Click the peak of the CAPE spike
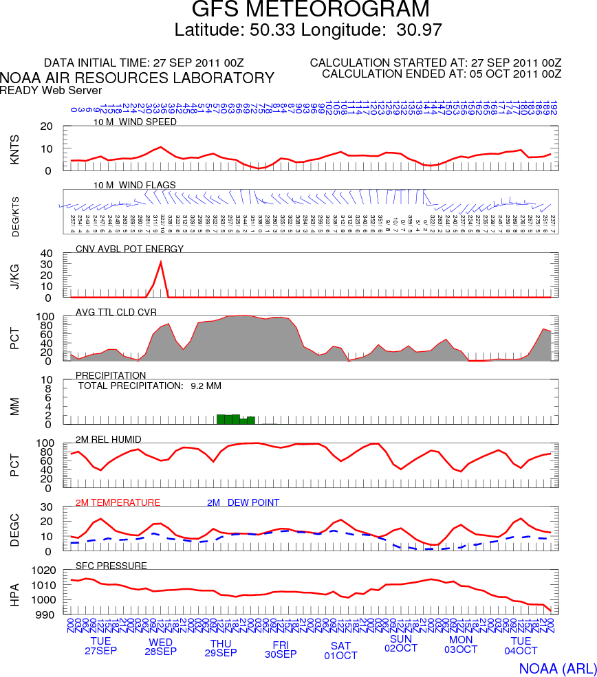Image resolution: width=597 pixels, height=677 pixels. point(161,262)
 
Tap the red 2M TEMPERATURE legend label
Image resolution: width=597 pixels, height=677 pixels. point(118,502)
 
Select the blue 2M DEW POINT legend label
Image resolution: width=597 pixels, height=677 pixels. point(243,502)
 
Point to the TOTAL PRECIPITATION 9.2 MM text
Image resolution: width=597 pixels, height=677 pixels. point(150,386)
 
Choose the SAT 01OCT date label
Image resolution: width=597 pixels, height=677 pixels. point(341,650)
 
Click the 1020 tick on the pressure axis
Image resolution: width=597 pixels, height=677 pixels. point(43,570)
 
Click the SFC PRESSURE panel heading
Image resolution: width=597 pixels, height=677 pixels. point(111,566)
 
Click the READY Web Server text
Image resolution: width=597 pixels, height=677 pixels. point(51,90)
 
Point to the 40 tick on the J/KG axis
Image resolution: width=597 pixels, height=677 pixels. point(47,253)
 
